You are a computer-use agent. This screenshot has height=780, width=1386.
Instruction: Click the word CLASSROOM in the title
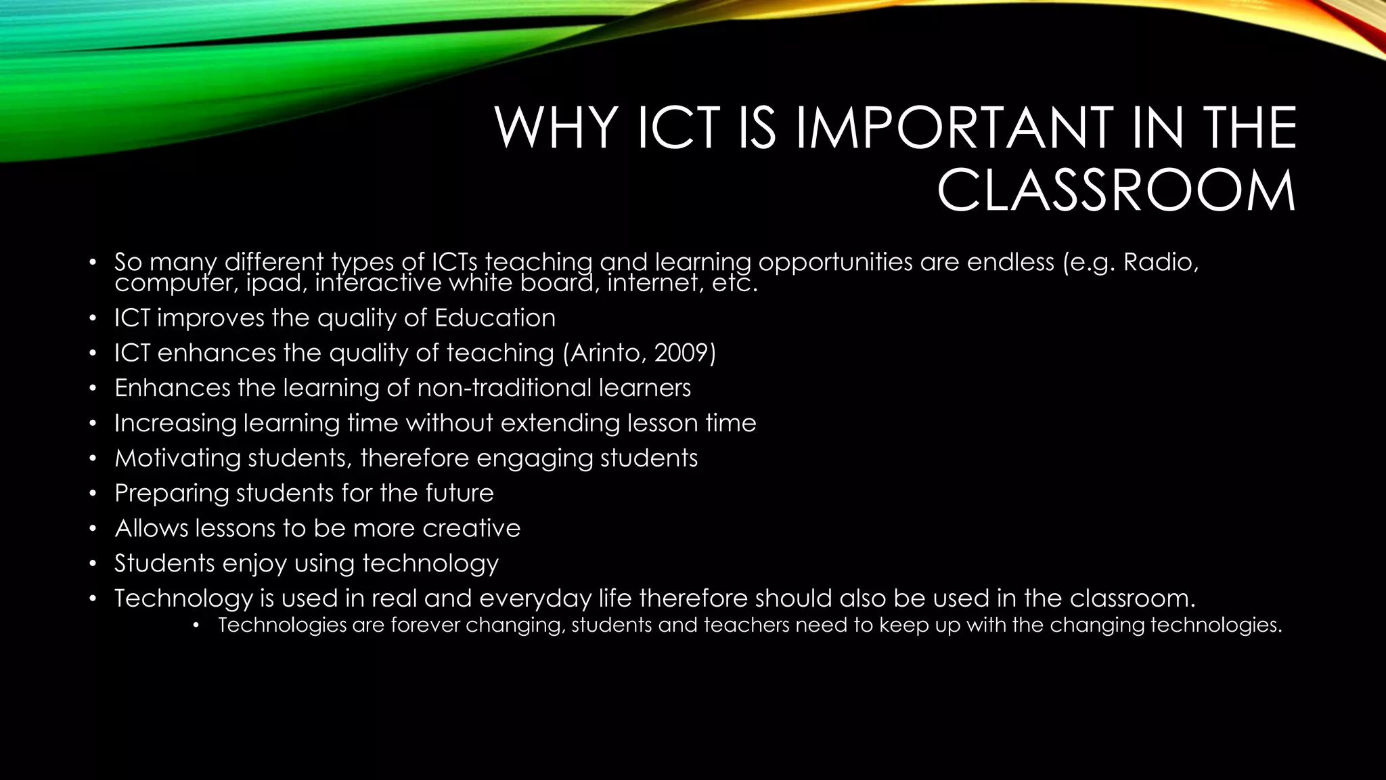coord(1116,192)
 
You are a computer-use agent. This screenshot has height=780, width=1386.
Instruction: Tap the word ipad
coord(269,283)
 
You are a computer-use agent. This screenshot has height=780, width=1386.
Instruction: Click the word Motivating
coord(177,458)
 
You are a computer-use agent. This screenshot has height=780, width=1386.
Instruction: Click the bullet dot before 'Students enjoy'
coord(93,564)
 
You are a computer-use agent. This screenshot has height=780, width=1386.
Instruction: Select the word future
coord(460,493)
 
